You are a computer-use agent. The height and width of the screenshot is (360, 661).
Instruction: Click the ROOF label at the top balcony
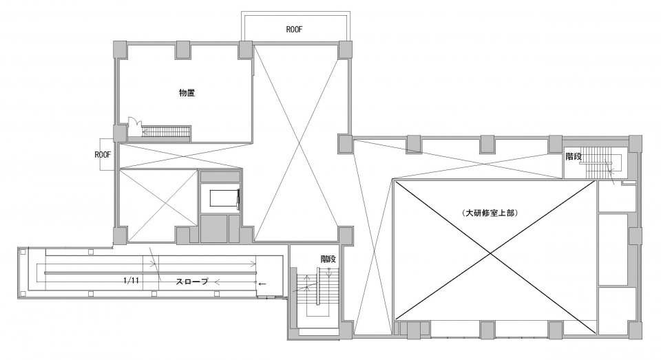pos(294,30)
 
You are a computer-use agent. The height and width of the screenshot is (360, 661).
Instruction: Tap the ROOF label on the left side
pos(103,155)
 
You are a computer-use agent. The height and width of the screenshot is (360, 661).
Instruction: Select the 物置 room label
pos(187,93)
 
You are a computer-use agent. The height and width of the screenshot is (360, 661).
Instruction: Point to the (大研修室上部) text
pos(490,213)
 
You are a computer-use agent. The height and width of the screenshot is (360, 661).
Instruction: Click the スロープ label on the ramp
pos(192,281)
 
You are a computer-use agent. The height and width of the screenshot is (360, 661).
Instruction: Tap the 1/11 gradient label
pos(132,280)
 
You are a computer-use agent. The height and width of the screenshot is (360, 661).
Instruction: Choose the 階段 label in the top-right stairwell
pos(574,156)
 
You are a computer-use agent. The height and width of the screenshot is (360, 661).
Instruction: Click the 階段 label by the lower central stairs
pos(328,259)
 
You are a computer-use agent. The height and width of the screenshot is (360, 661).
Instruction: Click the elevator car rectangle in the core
pos(224,198)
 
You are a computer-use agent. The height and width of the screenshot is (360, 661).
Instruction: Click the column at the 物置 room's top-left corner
pos(119,50)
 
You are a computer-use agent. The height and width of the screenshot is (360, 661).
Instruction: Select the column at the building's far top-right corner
pos(636,144)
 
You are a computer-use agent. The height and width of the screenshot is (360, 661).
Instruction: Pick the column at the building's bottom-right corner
pos(636,330)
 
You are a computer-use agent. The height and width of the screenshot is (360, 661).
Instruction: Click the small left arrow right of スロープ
pos(262,284)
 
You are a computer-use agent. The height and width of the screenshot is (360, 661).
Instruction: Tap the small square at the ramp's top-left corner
pos(23,252)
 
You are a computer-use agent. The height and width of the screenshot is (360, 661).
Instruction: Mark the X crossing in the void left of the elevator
pos(158,206)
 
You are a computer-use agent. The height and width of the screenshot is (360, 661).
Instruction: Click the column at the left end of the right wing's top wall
pos(345,143)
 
